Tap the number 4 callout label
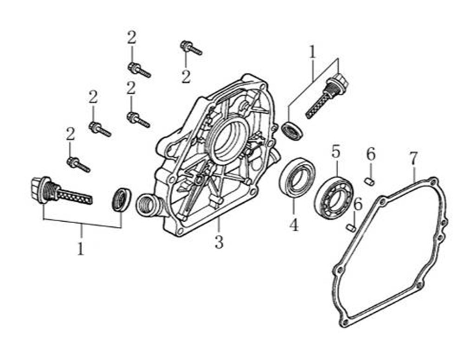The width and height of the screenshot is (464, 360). pyautogui.click(x=293, y=225)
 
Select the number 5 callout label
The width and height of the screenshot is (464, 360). pyautogui.click(x=336, y=151)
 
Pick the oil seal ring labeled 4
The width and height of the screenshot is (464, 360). pyautogui.click(x=297, y=177)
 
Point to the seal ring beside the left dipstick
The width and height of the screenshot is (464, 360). pyautogui.click(x=122, y=199)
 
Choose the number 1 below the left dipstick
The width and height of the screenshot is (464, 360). pyautogui.click(x=81, y=249)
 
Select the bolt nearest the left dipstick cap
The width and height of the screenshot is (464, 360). pyautogui.click(x=78, y=164)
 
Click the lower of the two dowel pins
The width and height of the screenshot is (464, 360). pyautogui.click(x=352, y=227)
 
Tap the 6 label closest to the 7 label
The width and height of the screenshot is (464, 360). pyautogui.click(x=370, y=155)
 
